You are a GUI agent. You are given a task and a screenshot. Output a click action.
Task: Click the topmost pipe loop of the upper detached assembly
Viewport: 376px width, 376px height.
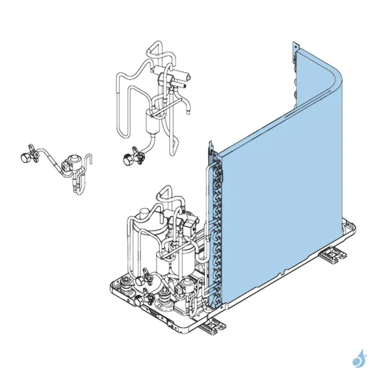tap(155, 48)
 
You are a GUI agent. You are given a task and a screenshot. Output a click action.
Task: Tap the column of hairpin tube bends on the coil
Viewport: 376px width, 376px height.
tap(217, 226)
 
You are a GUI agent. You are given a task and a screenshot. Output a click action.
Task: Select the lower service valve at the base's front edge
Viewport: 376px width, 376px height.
tap(149, 298)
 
